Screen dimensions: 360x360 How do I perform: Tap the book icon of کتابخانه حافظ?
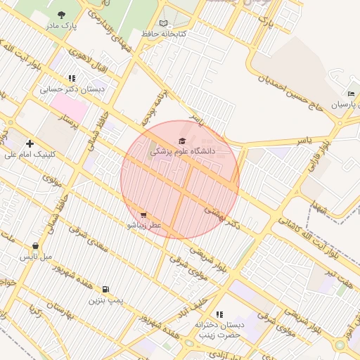pyautogui.click(x=164, y=23)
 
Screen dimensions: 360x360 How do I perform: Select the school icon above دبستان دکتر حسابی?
pyautogui.click(x=72, y=79)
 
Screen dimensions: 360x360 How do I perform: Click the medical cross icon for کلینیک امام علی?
pyautogui.click(x=30, y=143)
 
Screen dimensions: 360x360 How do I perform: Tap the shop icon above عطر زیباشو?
pyautogui.click(x=144, y=215)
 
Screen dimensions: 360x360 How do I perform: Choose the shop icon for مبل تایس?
pyautogui.click(x=35, y=246)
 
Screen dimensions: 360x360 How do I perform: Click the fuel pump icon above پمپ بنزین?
pyautogui.click(x=105, y=289)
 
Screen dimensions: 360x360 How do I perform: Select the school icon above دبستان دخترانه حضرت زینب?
pyautogui.click(x=219, y=314)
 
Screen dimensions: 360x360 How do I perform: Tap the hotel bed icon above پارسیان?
pyautogui.click(x=350, y=94)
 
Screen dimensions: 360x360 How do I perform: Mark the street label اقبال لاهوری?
pyautogui.click(x=85, y=58)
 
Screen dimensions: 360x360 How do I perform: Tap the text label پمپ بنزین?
pyautogui.click(x=105, y=300)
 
